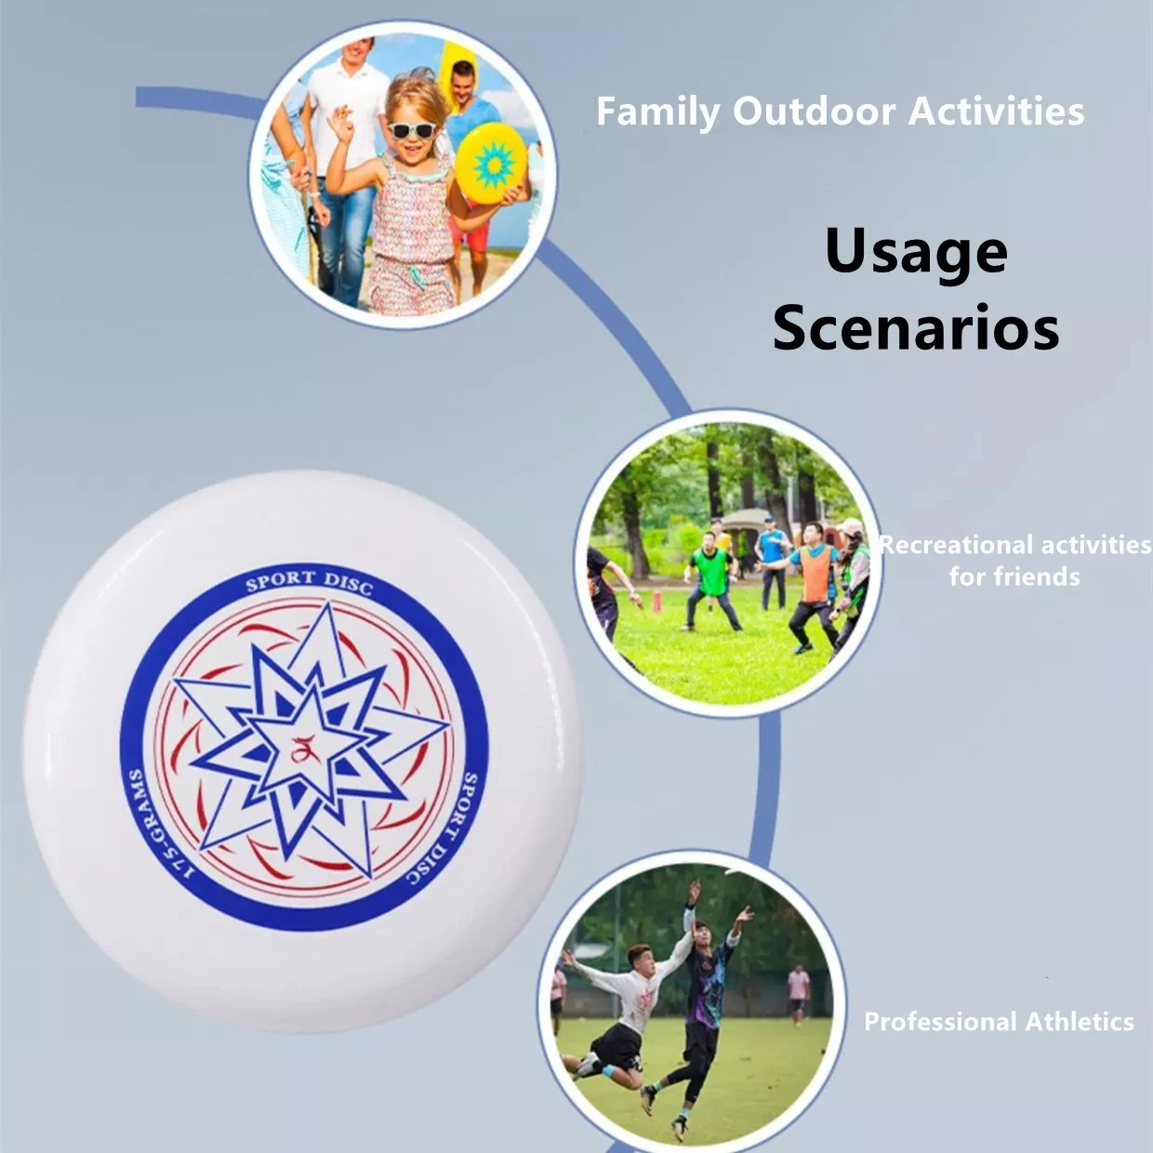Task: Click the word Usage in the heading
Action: point(916,253)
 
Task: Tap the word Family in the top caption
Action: point(657,112)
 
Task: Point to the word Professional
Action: point(940,1022)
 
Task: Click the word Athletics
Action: point(1080,1022)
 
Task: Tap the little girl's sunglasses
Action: point(411,129)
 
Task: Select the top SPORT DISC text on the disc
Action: point(309,581)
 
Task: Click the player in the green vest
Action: point(711,576)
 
